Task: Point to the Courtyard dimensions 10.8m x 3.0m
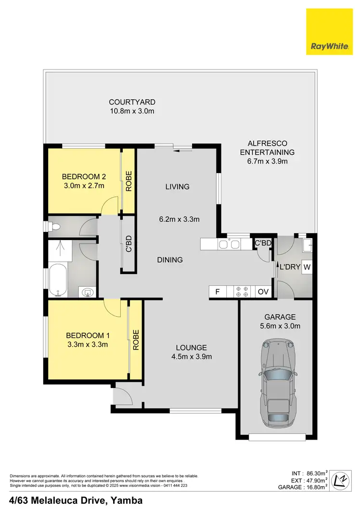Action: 132,111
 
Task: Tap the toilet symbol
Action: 54,227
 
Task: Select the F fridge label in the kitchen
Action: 218,292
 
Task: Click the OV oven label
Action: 263,292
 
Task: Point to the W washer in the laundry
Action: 307,267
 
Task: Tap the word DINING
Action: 170,260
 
